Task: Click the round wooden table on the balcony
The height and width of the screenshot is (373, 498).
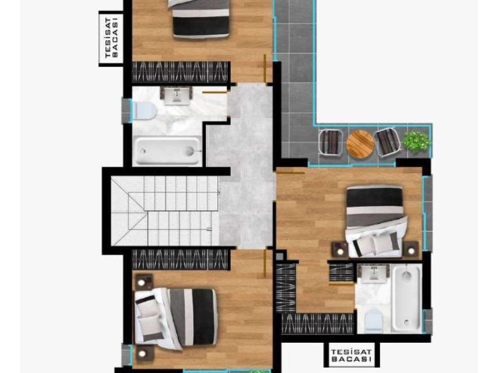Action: pyautogui.click(x=360, y=143)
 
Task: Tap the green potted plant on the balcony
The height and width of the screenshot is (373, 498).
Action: pyautogui.click(x=416, y=143)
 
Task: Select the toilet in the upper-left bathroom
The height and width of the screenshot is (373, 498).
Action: pyautogui.click(x=144, y=111)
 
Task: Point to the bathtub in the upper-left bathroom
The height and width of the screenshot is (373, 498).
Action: pyautogui.click(x=168, y=150)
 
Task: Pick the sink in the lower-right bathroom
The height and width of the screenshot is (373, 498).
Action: pyautogui.click(x=373, y=274)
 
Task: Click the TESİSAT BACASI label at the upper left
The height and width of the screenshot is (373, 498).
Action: pyautogui.click(x=111, y=38)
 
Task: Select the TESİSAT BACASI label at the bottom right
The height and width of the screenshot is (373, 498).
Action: pyautogui.click(x=351, y=356)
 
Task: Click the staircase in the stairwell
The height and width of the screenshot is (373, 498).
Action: pyautogui.click(x=165, y=211)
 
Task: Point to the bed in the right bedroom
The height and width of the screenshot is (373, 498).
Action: pyautogui.click(x=376, y=221)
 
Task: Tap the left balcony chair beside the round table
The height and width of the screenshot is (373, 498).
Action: pyautogui.click(x=331, y=142)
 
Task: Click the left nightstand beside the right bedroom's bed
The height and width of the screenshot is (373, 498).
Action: pyautogui.click(x=339, y=250)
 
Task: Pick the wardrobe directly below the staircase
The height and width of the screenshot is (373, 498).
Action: pyautogui.click(x=180, y=259)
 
